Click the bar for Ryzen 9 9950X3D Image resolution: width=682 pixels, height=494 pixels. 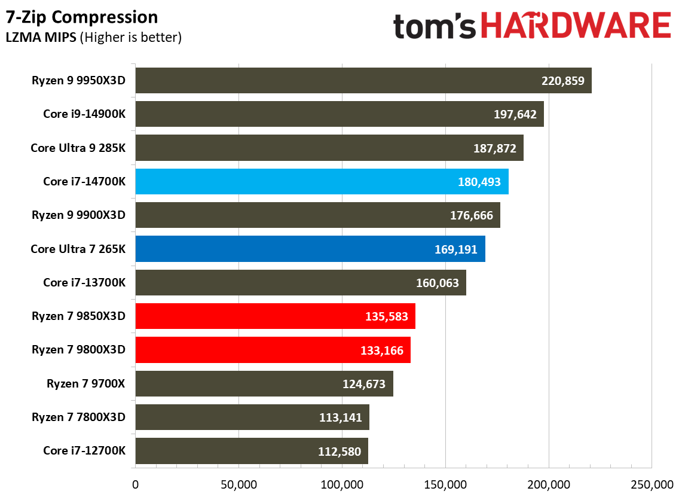pyautogui.click(x=363, y=81)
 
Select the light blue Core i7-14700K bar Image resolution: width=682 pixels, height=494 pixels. pyautogui.click(x=322, y=181)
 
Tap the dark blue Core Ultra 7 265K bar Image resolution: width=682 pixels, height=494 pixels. pyautogui.click(x=310, y=249)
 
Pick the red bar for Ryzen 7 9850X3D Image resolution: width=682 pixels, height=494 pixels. pyautogui.click(x=275, y=316)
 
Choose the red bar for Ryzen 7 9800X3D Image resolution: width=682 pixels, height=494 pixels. pyautogui.click(x=273, y=350)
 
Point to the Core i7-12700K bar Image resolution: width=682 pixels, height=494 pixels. pyautogui.click(x=251, y=451)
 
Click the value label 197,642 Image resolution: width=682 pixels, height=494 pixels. pyautogui.click(x=515, y=114)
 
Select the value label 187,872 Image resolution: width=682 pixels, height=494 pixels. pyautogui.click(x=494, y=148)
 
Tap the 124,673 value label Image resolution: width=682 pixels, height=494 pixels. pyautogui.click(x=364, y=383)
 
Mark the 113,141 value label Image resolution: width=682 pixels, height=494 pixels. pyautogui.click(x=340, y=417)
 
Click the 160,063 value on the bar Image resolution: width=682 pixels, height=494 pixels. pyautogui.click(x=437, y=282)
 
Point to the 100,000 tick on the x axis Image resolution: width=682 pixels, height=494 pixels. pyautogui.click(x=342, y=483)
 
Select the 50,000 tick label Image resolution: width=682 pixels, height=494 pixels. pyautogui.click(x=238, y=483)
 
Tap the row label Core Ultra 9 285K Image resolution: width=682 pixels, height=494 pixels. pyautogui.click(x=78, y=148)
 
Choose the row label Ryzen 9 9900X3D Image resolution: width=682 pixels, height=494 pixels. pyautogui.click(x=79, y=215)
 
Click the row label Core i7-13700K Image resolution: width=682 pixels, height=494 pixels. pyautogui.click(x=84, y=282)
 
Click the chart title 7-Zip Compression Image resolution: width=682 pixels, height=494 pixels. pyautogui.click(x=82, y=17)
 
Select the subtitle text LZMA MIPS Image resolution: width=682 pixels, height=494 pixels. pyautogui.click(x=41, y=38)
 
